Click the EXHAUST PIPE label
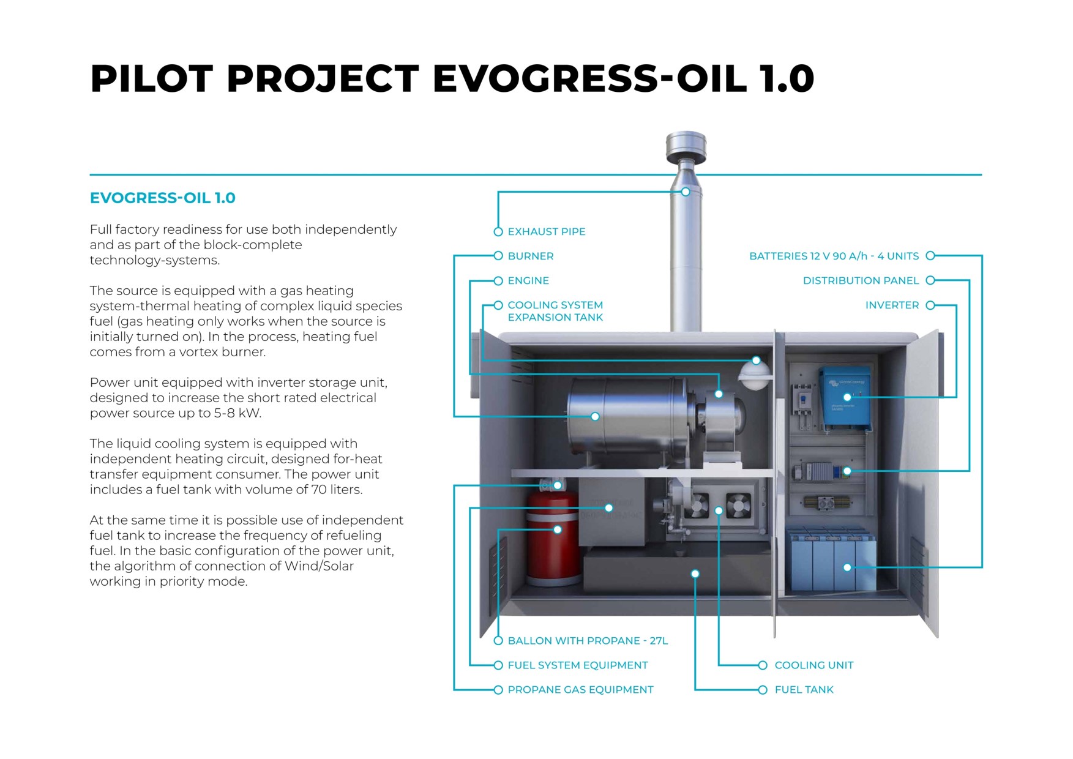[x=546, y=231]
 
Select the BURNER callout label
[x=530, y=256]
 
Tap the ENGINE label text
[x=528, y=280]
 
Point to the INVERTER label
[x=892, y=305]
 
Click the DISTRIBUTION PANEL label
[x=861, y=280]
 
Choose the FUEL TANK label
[x=804, y=690]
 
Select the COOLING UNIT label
[x=813, y=665]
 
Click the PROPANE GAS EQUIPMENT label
[x=580, y=690]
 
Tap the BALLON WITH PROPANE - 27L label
[x=588, y=641]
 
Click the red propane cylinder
[x=551, y=545]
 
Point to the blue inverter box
[x=845, y=398]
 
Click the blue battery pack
[x=832, y=560]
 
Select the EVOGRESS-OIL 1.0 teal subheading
[x=162, y=198]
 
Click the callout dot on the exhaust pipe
[x=686, y=192]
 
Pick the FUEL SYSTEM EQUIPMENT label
[x=577, y=665]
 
